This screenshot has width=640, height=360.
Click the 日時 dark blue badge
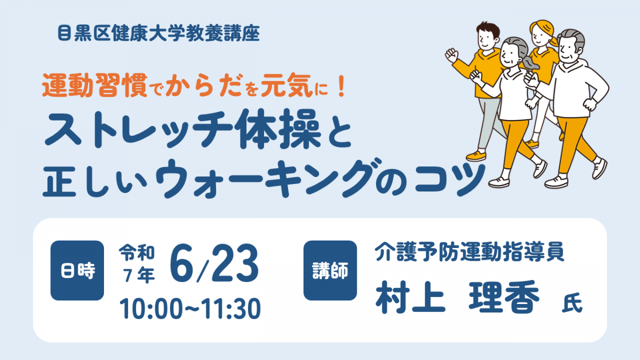tap(77, 270)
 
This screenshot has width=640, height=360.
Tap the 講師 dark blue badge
tap(330, 270)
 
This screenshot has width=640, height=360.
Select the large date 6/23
tap(214, 263)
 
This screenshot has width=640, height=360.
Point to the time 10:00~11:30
tap(190, 309)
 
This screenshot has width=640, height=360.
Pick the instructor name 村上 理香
tap(458, 297)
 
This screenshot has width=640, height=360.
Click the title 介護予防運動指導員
tap(470, 252)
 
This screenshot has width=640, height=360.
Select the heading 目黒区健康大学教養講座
tap(159, 34)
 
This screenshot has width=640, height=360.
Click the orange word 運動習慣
tap(95, 85)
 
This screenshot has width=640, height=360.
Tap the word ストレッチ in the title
tap(138, 130)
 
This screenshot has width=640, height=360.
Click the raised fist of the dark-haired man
tap(451, 55)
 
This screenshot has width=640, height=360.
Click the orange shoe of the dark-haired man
tap(476, 156)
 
